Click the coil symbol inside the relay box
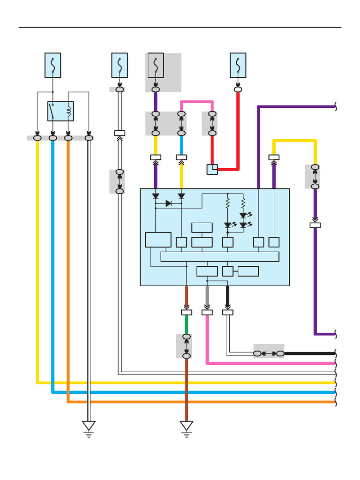pyautogui.click(x=69, y=111)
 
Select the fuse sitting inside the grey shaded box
pyautogui.click(x=156, y=65)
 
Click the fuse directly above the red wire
pyautogui.click(x=238, y=65)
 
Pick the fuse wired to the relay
pyautogui.click(x=52, y=65)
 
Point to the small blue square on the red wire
pyautogui.click(x=212, y=169)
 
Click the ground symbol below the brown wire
pyautogui.click(x=187, y=427)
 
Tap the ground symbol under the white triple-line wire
pyautogui.click(x=89, y=427)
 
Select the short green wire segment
pyautogui.click(x=187, y=324)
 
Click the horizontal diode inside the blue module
pyautogui.click(x=168, y=203)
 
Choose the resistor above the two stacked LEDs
pyautogui.click(x=243, y=203)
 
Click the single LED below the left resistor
pyautogui.click(x=228, y=225)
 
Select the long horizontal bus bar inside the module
pyautogui.click(x=220, y=256)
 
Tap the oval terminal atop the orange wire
pyautogui.click(x=68, y=138)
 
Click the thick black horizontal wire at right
pyautogui.click(x=309, y=353)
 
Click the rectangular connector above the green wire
pyautogui.click(x=187, y=312)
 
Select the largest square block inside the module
pyautogui.click(x=158, y=240)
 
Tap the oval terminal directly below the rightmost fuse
pyautogui.click(x=238, y=89)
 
